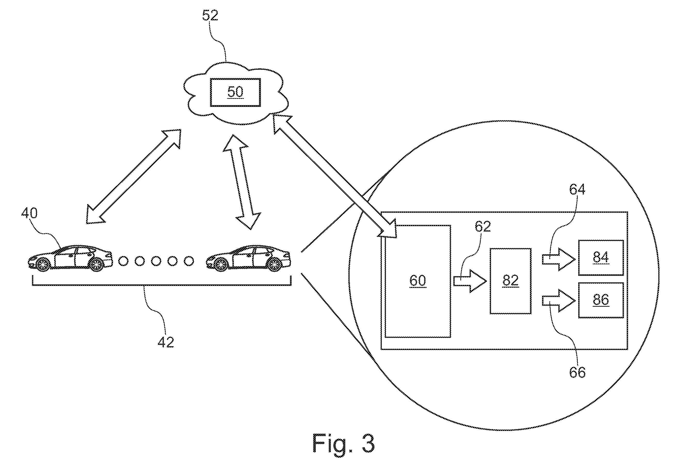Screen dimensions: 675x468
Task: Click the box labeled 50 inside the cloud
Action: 235,92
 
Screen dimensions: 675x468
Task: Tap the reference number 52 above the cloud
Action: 210,15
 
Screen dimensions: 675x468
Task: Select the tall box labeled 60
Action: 417,281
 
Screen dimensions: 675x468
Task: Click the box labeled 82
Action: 510,281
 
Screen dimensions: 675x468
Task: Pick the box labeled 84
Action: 601,258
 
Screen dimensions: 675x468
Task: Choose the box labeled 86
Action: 601,300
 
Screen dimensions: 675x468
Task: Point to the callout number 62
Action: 483,226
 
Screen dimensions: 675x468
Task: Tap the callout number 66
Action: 577,372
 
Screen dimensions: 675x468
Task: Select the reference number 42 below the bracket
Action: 166,342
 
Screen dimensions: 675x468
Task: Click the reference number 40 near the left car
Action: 29,213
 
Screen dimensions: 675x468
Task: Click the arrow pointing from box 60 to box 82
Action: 470,281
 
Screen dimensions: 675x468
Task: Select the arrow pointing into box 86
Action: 558,301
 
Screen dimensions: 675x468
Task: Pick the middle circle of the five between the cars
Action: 156,261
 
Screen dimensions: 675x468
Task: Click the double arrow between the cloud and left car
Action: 134,176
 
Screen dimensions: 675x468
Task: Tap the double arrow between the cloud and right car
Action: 242,182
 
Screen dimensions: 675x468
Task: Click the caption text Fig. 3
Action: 343,443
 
